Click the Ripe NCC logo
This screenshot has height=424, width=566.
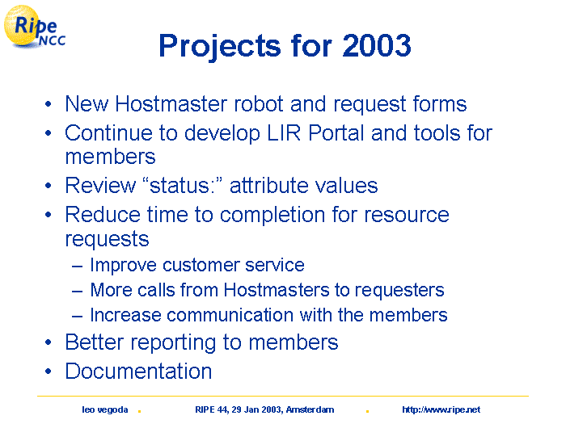tap(34, 27)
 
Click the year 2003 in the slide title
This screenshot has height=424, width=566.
tap(377, 45)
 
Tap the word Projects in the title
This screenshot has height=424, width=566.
tap(220, 47)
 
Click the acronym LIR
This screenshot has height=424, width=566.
tap(284, 133)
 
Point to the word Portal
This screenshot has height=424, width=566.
tap(336, 133)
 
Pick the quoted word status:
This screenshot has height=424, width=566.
tap(182, 186)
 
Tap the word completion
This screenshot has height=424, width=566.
tap(272, 216)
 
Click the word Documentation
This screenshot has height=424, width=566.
tap(138, 372)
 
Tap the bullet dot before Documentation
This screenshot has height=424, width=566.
tap(49, 372)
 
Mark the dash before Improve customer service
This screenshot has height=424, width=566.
tap(77, 267)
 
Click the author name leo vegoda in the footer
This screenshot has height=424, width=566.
tap(104, 410)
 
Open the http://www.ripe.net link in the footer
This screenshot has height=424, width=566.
tap(441, 410)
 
